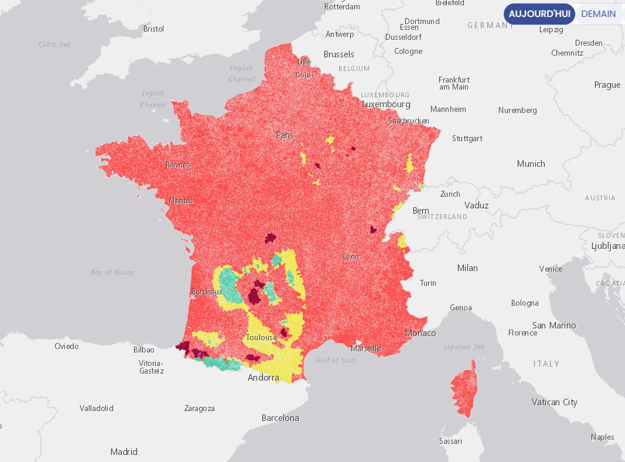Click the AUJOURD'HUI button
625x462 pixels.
[538, 14]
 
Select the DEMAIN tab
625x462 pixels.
[598, 14]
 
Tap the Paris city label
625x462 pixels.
[285, 135]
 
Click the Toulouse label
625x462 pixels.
[261, 337]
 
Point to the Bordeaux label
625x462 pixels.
[207, 292]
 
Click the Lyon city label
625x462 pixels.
[351, 257]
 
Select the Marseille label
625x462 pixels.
[366, 349]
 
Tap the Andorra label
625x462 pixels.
[263, 378]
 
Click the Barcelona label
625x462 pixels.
[280, 418]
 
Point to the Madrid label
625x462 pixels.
[124, 452]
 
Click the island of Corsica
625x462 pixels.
[463, 390]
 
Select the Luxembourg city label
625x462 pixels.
[386, 104]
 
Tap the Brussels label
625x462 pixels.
[339, 54]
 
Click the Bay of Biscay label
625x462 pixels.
[112, 272]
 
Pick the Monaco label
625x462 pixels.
[421, 333]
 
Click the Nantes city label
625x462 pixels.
[181, 201]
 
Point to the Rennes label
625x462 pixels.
[178, 165]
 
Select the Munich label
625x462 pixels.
[531, 164]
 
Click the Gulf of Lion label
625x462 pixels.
[335, 360]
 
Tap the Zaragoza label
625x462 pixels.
[199, 408]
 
